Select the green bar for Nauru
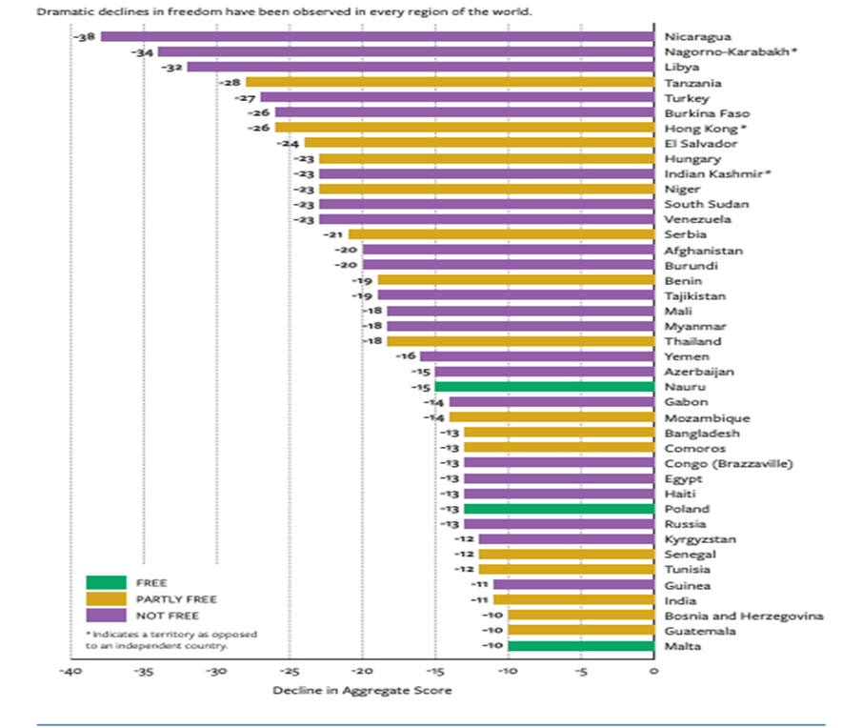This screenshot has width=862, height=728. pyautogui.click(x=544, y=387)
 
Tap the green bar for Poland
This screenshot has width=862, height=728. pyautogui.click(x=559, y=509)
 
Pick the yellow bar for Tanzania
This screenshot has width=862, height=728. pyautogui.click(x=450, y=82)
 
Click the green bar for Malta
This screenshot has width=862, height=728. pyautogui.click(x=581, y=646)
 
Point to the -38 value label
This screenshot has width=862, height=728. pyautogui.click(x=86, y=36)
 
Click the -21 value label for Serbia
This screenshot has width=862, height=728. pyautogui.click(x=333, y=234)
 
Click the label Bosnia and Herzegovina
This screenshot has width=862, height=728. pyautogui.click(x=743, y=616)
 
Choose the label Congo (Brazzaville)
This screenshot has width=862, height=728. pyautogui.click(x=729, y=463)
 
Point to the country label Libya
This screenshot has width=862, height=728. pyautogui.click(x=682, y=67)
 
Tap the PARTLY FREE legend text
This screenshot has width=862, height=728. pyautogui.click(x=182, y=599)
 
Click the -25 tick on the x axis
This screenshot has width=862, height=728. pyautogui.click(x=290, y=671)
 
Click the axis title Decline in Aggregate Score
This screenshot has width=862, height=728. pyautogui.click(x=362, y=690)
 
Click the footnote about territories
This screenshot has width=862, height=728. pyautogui.click(x=171, y=639)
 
